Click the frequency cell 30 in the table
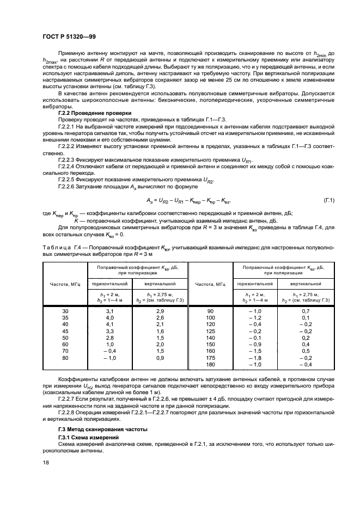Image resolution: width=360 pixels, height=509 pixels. (x=65, y=310)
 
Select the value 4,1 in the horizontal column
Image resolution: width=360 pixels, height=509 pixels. (x=109, y=324)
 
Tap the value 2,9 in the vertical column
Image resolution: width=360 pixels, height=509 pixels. (x=160, y=310)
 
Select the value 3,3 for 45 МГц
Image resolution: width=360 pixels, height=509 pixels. (x=109, y=331)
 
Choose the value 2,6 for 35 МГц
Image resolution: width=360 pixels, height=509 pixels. (x=160, y=317)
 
